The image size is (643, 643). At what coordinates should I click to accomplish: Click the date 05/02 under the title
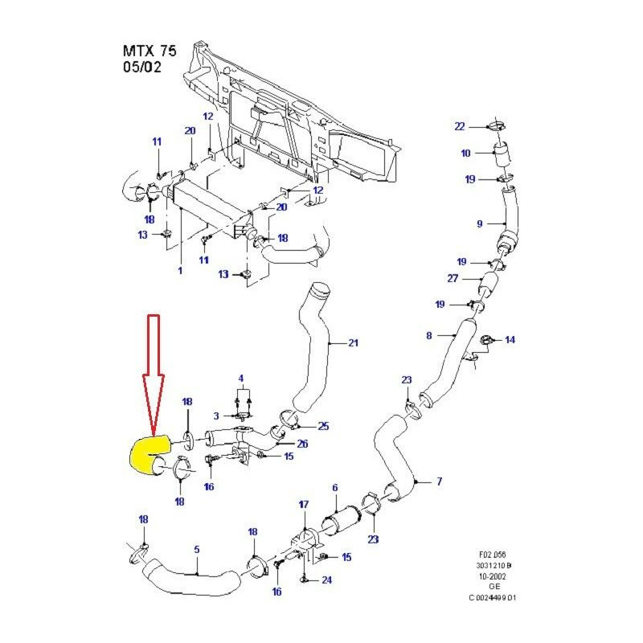(x=143, y=68)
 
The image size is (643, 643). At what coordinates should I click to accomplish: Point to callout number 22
(x=460, y=126)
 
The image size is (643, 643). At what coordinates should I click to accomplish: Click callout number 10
(x=465, y=153)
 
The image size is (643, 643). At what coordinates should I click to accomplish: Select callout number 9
(x=479, y=223)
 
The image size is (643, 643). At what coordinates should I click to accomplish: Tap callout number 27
(x=453, y=278)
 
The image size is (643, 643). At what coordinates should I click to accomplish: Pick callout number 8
(x=429, y=335)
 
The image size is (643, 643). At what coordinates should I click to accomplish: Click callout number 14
(x=510, y=340)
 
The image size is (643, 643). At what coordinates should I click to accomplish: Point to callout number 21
(x=353, y=343)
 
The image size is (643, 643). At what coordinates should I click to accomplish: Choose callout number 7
(x=439, y=481)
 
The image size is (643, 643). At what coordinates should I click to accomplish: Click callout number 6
(x=334, y=487)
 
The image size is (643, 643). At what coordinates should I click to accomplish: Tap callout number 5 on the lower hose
(x=196, y=551)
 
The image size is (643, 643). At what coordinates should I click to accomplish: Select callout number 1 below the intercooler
(x=180, y=271)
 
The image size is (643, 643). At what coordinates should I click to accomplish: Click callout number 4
(x=240, y=378)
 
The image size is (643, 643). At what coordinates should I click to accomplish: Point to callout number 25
(x=324, y=425)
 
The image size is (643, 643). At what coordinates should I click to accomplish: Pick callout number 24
(x=326, y=580)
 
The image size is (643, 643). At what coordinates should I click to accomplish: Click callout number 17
(x=303, y=505)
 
